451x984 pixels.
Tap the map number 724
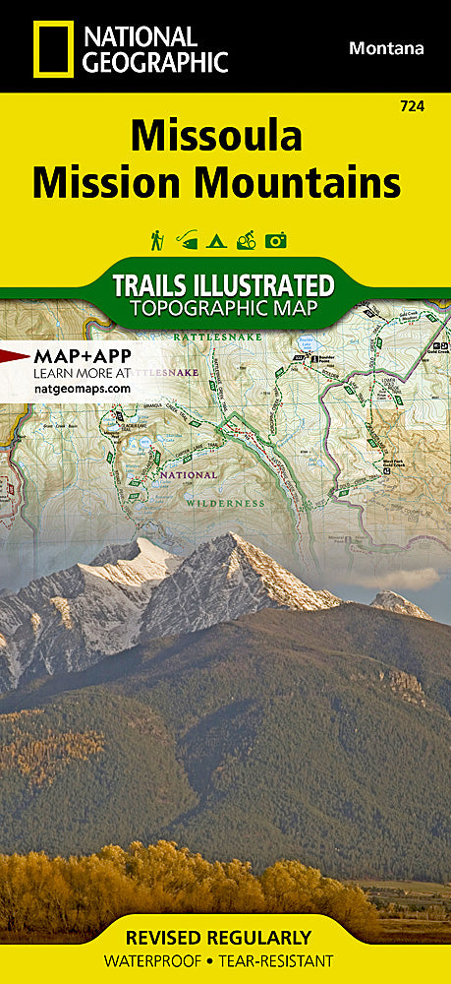coord(413,105)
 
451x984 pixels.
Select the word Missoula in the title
coord(216,136)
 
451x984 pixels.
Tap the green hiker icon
coord(156,239)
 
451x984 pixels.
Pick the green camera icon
coord(276,239)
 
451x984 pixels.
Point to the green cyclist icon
coord(247,239)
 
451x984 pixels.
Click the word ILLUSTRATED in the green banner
coord(263,285)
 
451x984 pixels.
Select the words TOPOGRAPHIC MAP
coord(225,310)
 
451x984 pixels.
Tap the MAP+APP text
coord(83,355)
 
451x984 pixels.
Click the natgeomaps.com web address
coord(82,389)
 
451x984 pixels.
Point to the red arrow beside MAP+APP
coord(14,355)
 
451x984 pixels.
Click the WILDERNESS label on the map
coord(225,502)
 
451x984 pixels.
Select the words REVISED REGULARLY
coord(225,937)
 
